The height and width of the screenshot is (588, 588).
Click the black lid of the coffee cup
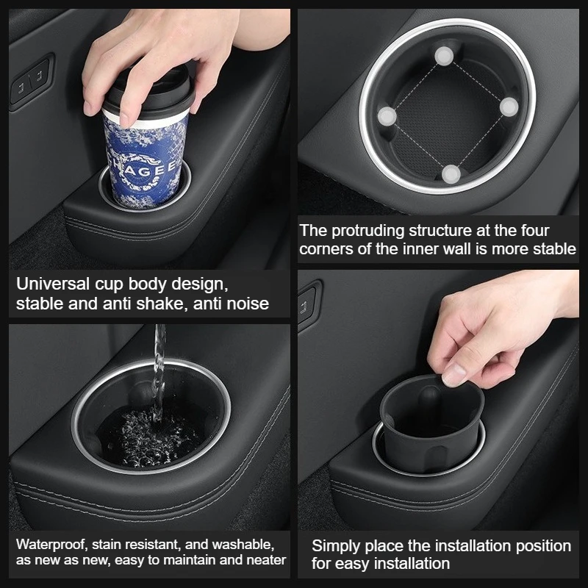(x=148, y=92)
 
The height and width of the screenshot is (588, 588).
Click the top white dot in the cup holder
(x=444, y=57)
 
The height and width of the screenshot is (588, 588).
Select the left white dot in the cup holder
(x=387, y=116)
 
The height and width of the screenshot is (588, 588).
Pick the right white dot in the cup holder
(x=509, y=107)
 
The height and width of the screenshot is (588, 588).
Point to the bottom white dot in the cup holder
(x=451, y=174)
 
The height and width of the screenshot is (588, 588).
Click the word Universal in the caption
(x=52, y=284)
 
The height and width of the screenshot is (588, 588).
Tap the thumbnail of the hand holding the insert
(x=453, y=374)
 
